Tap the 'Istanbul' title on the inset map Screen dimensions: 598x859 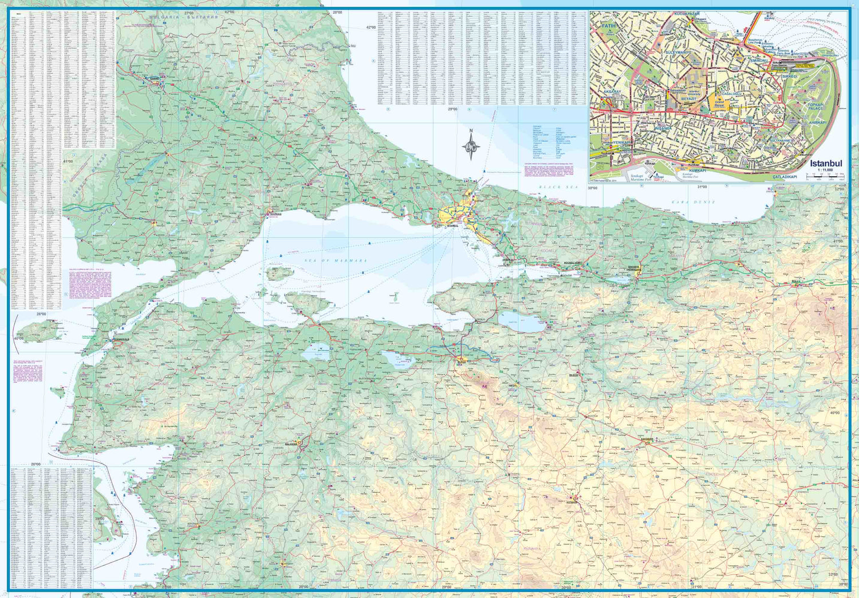[x=826, y=163]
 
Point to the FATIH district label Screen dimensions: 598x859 [x=608, y=26]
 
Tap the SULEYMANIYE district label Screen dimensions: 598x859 [x=678, y=52]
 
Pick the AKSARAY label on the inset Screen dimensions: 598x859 [x=612, y=92]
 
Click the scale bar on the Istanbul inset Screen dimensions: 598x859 [x=825, y=176]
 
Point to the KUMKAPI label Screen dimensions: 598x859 [x=698, y=171]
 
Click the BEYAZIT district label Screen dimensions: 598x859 [x=688, y=98]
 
